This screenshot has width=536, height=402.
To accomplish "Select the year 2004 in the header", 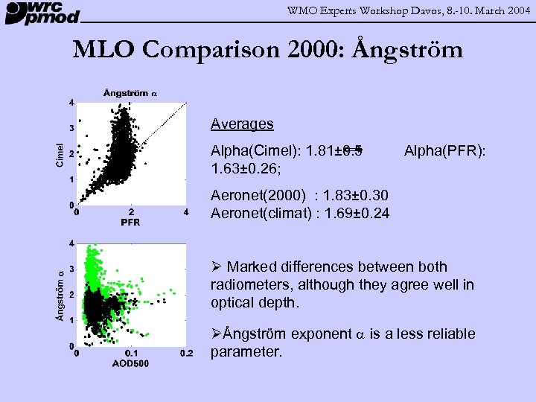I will coord(516,9).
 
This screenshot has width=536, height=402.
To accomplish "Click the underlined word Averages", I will coord(242,124).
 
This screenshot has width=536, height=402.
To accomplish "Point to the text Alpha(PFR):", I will coord(444,151).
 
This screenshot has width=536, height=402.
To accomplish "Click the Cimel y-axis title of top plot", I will coord(60,153).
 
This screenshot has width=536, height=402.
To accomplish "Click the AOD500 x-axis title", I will coord(131,363).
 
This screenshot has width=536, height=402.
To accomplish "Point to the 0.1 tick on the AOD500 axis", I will coord(131,353).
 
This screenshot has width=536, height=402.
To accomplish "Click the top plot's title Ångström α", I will coord(130,92).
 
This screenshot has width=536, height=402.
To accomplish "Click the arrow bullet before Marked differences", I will coord(216,267).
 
